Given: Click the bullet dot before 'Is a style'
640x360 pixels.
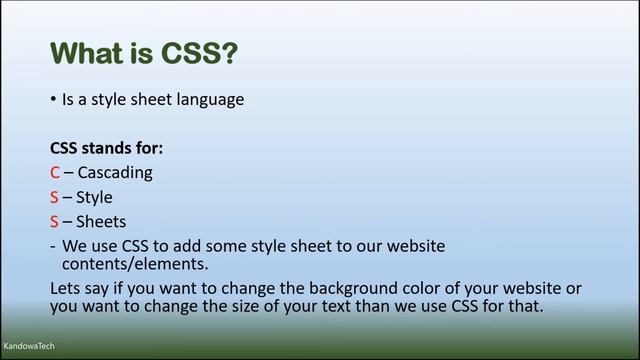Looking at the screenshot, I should tap(53, 100).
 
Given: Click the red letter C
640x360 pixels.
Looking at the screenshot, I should tap(55, 172).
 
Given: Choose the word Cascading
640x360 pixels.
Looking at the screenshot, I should tap(115, 172).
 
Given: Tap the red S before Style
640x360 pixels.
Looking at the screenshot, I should tap(55, 197).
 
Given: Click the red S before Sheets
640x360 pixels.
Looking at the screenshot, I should tap(55, 221).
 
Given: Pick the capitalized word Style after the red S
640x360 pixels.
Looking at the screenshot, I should tap(94, 197).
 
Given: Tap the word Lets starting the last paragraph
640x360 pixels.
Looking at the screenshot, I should tap(67, 288).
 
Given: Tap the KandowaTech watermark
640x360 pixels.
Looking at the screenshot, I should tap(28, 345).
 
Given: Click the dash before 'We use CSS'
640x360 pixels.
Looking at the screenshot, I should tap(52, 246).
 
